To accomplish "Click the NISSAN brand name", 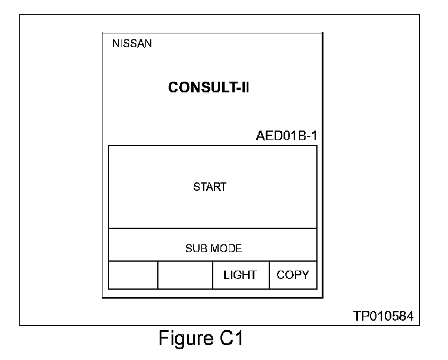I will tap(132, 44).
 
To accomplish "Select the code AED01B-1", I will tap(286, 135).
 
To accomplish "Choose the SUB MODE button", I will tap(213, 249).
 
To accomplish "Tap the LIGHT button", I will tap(240, 275).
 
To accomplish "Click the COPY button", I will tap(293, 275).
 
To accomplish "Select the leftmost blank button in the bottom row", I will tap(133, 275).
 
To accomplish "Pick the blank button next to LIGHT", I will tap(185, 275).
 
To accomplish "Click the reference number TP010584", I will tap(383, 315).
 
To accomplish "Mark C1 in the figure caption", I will tap(229, 340).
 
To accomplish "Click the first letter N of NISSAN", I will tap(116, 44).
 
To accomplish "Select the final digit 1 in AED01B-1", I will tap(313, 135).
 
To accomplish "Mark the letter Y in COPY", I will tap(306, 275).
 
